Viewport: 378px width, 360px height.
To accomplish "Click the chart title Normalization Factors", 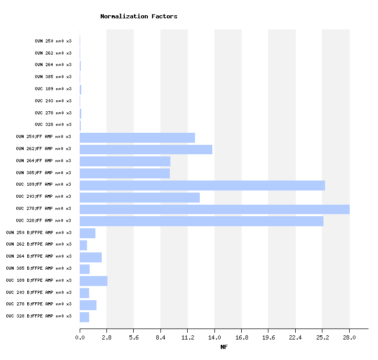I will coord(138,16).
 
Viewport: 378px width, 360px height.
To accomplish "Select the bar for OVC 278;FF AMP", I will coord(214,209).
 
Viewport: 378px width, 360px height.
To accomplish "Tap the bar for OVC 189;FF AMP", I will coord(202,185).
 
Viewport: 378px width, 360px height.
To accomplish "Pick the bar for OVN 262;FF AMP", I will coord(146,149).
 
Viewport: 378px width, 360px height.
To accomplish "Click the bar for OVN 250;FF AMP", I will coord(137,137).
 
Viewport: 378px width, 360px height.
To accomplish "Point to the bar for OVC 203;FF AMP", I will coord(139,197).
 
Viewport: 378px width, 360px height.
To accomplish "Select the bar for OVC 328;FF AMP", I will coord(201,221).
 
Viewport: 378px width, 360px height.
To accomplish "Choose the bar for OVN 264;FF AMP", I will coord(125,161).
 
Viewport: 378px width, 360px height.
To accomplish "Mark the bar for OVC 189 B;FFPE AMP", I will coord(93,281).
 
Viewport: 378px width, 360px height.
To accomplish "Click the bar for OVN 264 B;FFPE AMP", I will coord(91,257).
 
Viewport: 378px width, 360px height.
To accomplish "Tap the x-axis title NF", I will coord(224,347).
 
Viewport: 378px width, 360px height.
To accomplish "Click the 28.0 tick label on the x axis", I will coord(349,337).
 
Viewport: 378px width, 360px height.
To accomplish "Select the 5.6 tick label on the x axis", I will coord(134,337).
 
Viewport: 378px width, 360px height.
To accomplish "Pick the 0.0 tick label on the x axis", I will coord(80,337).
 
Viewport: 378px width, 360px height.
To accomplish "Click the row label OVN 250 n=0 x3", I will coord(53,41).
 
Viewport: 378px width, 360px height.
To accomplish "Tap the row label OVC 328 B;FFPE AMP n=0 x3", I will coord(39,316).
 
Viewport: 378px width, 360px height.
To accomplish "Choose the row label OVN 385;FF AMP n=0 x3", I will coord(44,173).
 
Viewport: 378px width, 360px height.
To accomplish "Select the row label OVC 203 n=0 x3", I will coord(53,101).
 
